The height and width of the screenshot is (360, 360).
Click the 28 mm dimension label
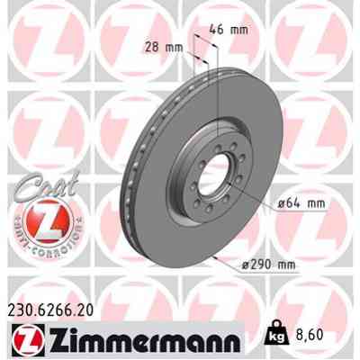(x=161, y=48)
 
